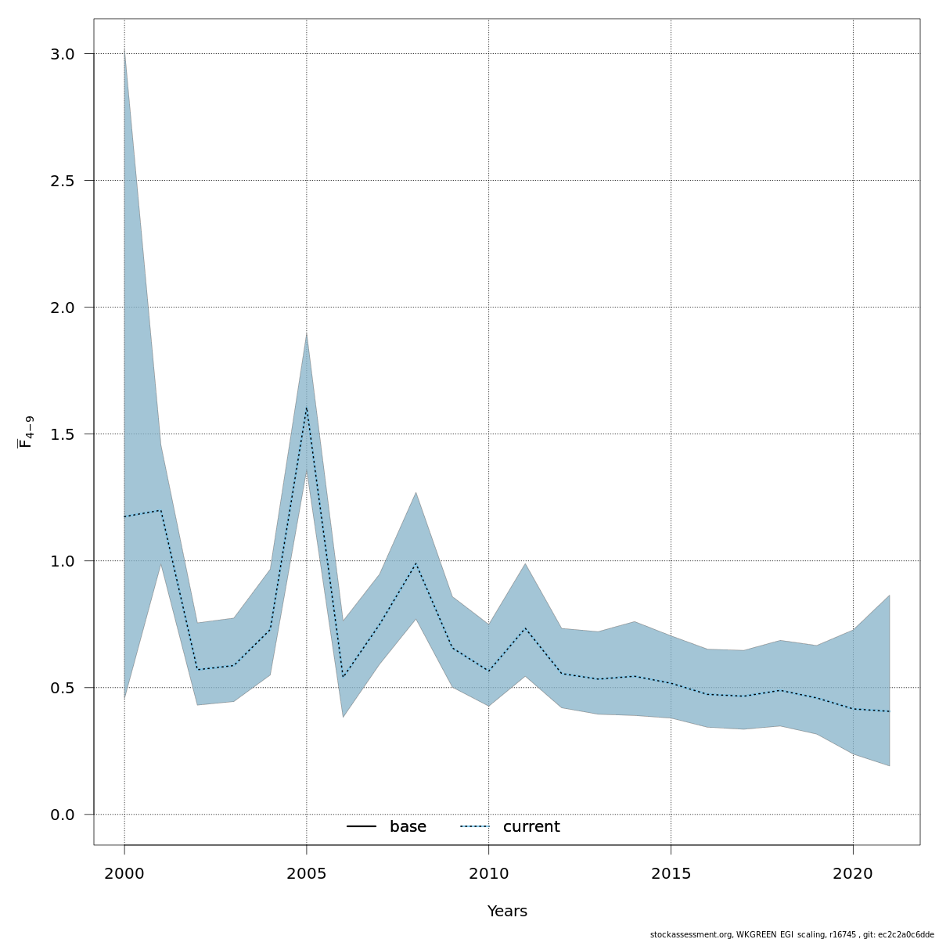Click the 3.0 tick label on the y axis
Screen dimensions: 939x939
(x=62, y=54)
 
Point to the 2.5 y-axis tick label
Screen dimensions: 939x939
(x=62, y=181)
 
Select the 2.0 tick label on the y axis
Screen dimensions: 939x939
(x=62, y=308)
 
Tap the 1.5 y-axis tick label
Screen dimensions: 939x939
(x=62, y=434)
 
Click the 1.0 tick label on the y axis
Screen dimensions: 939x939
(x=62, y=561)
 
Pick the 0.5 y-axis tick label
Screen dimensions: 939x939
(x=62, y=688)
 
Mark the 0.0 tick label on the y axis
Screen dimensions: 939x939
(x=62, y=815)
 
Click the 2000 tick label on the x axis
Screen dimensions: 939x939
(x=124, y=873)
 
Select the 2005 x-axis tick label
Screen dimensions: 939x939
(x=307, y=873)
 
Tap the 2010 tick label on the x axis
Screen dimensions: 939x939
(x=489, y=873)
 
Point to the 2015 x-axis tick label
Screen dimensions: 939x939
(x=671, y=873)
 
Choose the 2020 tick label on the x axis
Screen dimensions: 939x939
(x=853, y=873)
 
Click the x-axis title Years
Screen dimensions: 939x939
(x=507, y=912)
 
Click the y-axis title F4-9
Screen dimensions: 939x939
(x=26, y=432)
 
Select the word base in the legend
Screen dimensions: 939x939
(x=408, y=827)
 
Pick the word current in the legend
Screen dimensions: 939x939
(x=531, y=827)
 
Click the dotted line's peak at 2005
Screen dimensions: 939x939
(x=307, y=407)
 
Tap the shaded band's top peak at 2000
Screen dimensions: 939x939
(x=124, y=52)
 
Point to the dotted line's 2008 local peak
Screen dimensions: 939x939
(x=416, y=563)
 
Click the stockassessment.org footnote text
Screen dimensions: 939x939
(x=792, y=934)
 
